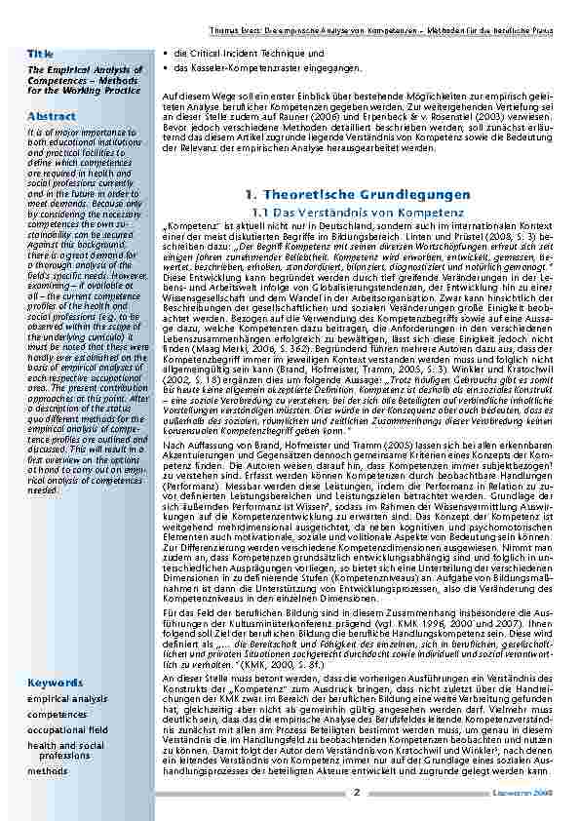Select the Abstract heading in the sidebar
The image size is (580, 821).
pyautogui.click(x=51, y=117)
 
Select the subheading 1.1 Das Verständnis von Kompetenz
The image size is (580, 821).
pyautogui.click(x=358, y=211)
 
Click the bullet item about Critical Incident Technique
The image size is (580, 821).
pyautogui.click(x=251, y=53)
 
